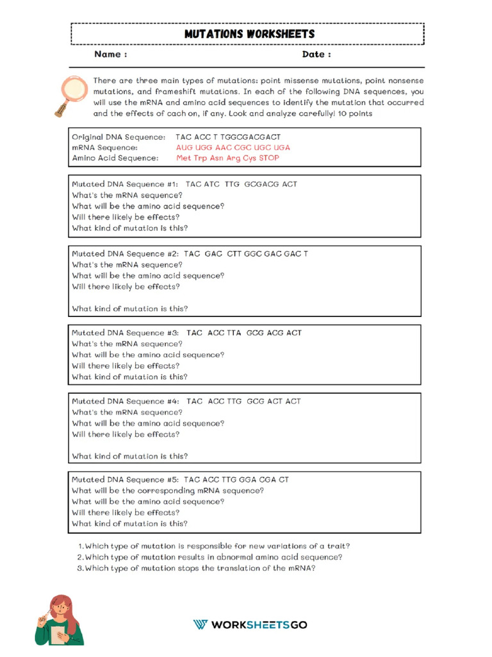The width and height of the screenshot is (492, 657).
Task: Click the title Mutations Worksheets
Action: tap(249, 33)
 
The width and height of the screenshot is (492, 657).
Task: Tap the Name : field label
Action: tap(110, 55)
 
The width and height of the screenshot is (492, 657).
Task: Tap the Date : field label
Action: tap(316, 55)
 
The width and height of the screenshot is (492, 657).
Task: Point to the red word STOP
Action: tap(269, 158)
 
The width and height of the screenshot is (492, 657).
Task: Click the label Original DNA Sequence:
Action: tap(119, 137)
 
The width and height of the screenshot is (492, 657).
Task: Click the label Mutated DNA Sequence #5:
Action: tap(125, 480)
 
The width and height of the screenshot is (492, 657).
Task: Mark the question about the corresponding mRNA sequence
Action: tap(168, 491)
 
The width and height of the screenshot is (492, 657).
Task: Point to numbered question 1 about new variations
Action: tap(213, 547)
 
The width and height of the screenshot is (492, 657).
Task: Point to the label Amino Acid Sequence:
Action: tap(115, 158)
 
